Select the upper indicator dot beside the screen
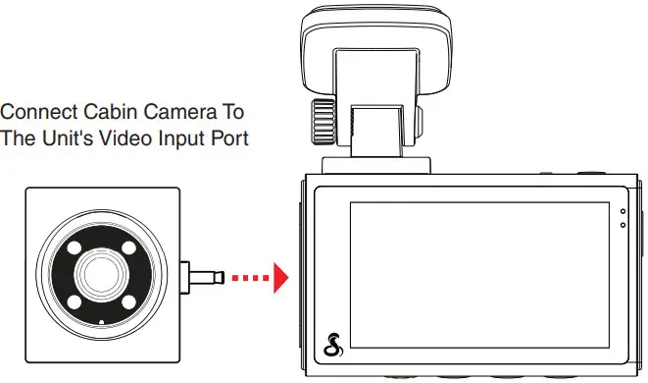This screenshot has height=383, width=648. tap(622, 211)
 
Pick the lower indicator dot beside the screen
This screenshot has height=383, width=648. tap(622, 224)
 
